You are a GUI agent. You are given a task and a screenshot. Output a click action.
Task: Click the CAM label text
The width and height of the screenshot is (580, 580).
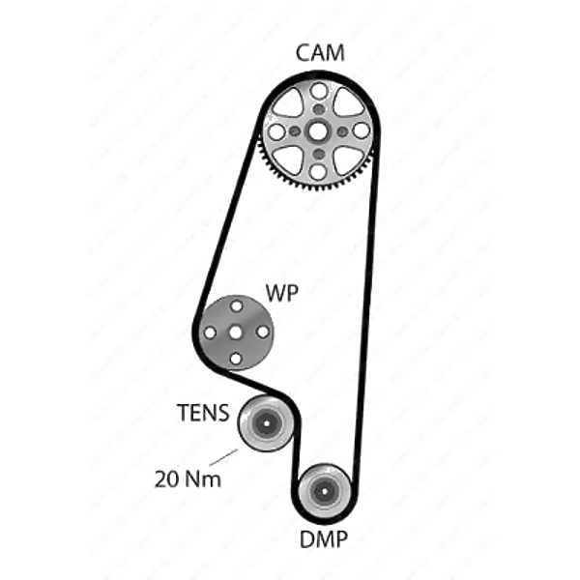tap(319, 54)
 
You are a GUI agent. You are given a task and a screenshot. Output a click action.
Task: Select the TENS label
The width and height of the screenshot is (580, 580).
tap(203, 414)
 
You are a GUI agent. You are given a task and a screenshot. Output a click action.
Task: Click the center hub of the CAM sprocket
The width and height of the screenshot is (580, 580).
tap(319, 131)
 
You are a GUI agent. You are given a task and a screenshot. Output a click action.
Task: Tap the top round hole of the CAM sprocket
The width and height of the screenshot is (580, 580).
tap(319, 91)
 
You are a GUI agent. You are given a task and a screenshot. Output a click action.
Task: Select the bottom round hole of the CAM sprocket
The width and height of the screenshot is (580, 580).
tap(319, 171)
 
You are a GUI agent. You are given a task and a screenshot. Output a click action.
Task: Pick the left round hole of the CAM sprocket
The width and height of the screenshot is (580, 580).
tap(277, 131)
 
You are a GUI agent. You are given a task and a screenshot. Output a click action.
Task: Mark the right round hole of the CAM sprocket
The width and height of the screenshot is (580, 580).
tap(361, 130)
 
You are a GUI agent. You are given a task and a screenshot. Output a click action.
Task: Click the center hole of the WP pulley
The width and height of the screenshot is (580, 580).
tap(236, 332)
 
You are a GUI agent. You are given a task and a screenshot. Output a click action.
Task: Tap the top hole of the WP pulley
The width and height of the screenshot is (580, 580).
tap(236, 305)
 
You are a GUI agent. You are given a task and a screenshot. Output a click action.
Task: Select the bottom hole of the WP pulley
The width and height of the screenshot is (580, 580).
tap(236, 359)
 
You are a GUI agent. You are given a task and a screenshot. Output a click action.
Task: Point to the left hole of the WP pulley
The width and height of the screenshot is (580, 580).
tap(210, 333)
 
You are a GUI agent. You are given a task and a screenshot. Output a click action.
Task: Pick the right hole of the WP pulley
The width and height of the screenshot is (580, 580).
tap(262, 332)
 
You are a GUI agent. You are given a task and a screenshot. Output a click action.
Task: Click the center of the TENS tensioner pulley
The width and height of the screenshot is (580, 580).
tap(264, 422)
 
